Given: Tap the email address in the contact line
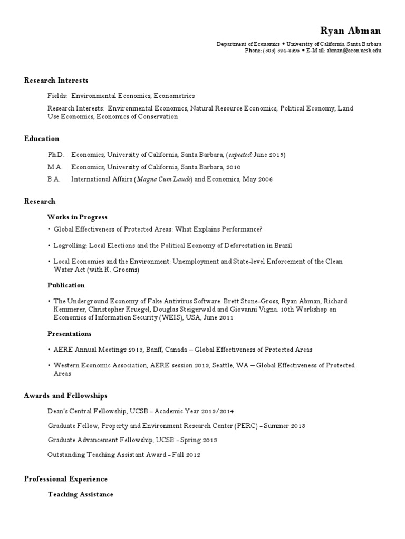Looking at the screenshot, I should point(354,51).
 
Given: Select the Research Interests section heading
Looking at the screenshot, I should point(56,81).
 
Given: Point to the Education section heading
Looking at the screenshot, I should point(42,139).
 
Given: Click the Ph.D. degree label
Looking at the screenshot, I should point(55,155).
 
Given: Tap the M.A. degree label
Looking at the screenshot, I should point(55,167).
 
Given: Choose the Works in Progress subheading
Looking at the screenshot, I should point(78,217).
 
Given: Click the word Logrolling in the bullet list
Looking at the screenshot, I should point(70,246).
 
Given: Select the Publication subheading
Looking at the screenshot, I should point(66,285).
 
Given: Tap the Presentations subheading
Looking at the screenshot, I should point(70,334).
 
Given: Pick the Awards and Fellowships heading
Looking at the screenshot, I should point(66,396).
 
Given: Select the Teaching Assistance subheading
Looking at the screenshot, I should point(80,495).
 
